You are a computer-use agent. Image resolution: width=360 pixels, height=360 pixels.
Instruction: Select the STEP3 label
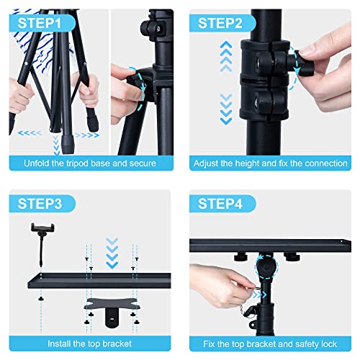41,204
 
